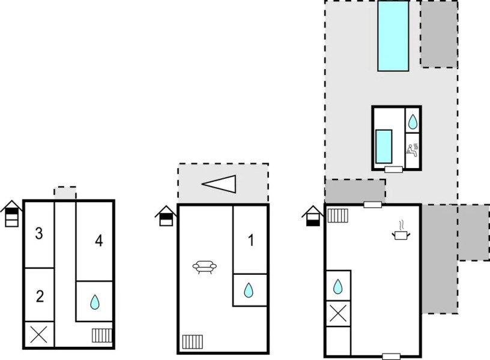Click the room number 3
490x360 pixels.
click(39, 234)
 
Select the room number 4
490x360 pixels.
click(99, 241)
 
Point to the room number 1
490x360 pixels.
click(251, 241)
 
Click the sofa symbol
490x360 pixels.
click(205, 267)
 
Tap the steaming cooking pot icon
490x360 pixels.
click(400, 231)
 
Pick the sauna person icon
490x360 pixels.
click(413, 149)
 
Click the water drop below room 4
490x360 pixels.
click(95, 302)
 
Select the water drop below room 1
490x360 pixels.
click(249, 291)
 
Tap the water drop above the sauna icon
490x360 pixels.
click(413, 122)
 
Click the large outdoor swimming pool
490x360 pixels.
click(393, 35)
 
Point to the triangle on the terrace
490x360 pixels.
click(219, 184)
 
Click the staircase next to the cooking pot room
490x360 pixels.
click(338, 215)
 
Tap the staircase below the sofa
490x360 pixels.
click(193, 342)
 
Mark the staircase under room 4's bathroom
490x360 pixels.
click(101, 335)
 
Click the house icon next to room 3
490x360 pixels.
click(11, 215)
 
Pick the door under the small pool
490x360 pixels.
click(393, 170)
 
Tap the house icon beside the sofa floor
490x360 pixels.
click(165, 215)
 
